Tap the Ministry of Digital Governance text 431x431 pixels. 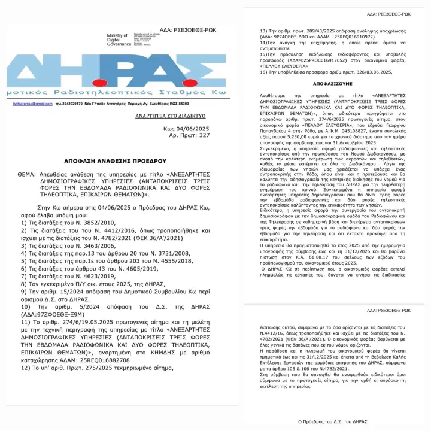click(x=117, y=40)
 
